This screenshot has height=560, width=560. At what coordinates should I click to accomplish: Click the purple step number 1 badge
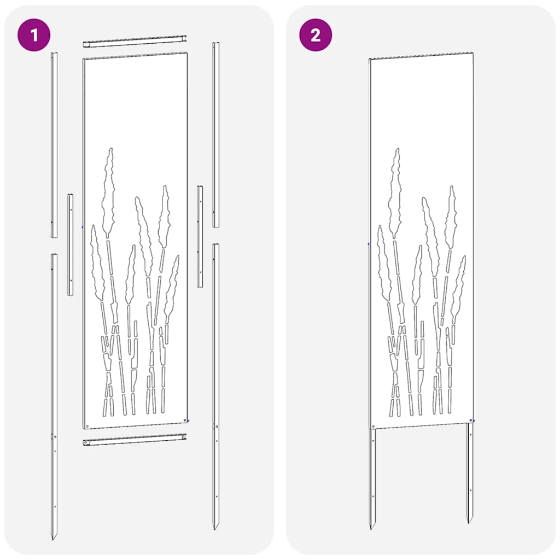click(34, 36)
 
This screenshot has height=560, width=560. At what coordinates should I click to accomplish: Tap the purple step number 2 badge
click(315, 36)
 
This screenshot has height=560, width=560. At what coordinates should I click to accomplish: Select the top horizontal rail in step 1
click(135, 41)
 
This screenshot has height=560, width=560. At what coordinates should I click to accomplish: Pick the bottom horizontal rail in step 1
click(135, 439)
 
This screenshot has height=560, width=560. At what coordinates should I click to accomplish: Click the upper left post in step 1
click(54, 145)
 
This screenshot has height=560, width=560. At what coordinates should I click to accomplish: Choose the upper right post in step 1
click(215, 134)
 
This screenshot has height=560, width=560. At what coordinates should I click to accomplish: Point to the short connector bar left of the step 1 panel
click(70, 244)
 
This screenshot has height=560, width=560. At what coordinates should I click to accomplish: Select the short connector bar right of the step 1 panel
click(200, 236)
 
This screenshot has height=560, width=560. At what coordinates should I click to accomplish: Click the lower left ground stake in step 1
click(54, 394)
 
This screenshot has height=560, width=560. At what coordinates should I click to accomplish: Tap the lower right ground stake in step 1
click(215, 383)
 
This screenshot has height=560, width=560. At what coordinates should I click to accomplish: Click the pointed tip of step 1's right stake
click(215, 527)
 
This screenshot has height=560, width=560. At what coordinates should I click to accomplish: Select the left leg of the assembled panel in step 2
click(373, 476)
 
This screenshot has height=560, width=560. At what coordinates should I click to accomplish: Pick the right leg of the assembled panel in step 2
click(469, 470)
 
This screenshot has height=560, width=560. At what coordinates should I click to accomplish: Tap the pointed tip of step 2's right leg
click(469, 521)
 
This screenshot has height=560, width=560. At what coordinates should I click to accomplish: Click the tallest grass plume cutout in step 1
click(109, 191)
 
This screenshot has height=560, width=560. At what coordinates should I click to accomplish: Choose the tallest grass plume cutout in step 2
click(395, 191)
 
